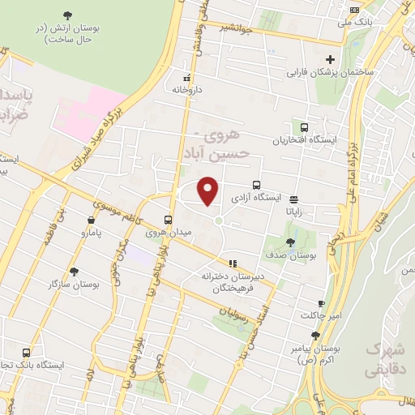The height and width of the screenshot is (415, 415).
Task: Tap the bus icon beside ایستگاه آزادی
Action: [x=257, y=185]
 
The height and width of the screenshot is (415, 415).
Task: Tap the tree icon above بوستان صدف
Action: [x=291, y=242]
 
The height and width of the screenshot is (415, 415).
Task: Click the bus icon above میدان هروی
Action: [x=169, y=220]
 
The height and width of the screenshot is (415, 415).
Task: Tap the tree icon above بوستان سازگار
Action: [x=74, y=272]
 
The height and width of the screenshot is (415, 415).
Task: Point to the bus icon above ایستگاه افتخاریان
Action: [x=304, y=127]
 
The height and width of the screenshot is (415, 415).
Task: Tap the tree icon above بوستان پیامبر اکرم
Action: [x=315, y=336]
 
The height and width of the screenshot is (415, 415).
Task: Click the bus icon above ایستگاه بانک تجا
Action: [x=27, y=353]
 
